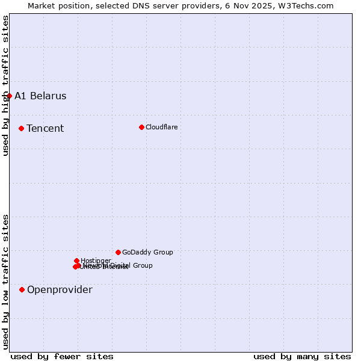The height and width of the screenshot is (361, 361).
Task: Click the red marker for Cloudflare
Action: [x=141, y=127]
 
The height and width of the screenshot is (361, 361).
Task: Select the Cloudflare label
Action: [x=161, y=127]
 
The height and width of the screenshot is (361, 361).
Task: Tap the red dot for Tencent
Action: [x=21, y=128]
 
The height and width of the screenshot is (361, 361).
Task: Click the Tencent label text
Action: [x=45, y=128]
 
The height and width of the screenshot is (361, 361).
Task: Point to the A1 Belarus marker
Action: [x=9, y=96]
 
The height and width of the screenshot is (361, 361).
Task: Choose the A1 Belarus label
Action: [x=40, y=96]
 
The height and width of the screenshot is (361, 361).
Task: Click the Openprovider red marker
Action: [x=22, y=289]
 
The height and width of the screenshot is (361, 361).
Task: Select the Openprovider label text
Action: [x=60, y=289]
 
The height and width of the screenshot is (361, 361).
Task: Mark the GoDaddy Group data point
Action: [x=118, y=252]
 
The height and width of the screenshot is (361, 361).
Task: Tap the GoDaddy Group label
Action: [x=147, y=252]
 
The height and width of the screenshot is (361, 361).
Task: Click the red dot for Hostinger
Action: [x=76, y=261]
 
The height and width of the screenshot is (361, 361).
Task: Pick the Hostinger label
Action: [x=96, y=261]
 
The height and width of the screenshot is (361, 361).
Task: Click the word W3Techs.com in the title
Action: [x=309, y=5]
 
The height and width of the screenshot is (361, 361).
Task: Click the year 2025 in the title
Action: [x=265, y=5]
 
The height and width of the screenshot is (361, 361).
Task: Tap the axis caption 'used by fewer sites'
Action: [x=62, y=356]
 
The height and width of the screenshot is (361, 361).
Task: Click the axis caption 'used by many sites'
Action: [x=302, y=356]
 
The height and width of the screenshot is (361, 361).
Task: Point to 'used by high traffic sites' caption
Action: [x=5, y=85]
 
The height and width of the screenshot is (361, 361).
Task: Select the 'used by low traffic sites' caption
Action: [x=5, y=282]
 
